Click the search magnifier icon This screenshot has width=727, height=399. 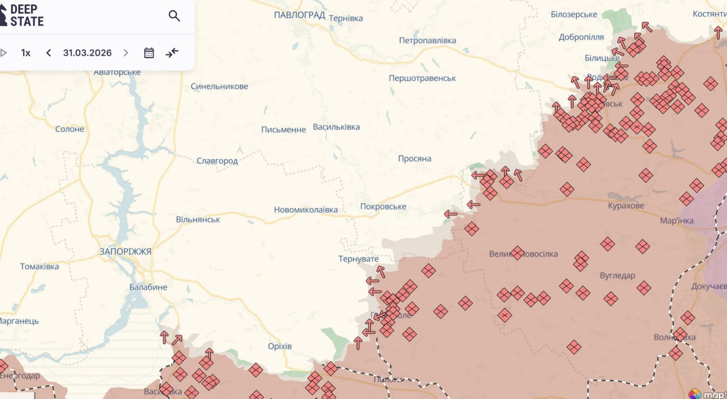[x=174, y=16]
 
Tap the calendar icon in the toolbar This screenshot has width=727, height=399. [x=149, y=53]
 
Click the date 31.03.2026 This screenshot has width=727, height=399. [x=87, y=53]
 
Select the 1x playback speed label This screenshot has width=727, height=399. [x=26, y=53]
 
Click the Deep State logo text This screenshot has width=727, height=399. [x=26, y=15]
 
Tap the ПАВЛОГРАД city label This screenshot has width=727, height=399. [x=299, y=15]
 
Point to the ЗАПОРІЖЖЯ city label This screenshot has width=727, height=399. [x=125, y=252]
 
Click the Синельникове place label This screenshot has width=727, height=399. [x=219, y=86]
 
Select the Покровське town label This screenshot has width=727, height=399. [x=383, y=207]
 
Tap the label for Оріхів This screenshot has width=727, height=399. [x=280, y=346]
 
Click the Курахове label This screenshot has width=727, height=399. [x=626, y=206]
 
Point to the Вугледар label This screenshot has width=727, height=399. [x=617, y=275]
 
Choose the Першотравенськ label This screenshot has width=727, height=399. [x=422, y=78]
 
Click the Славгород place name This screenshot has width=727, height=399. [x=217, y=161]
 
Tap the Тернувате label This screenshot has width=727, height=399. [x=359, y=259]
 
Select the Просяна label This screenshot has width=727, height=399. [x=415, y=159]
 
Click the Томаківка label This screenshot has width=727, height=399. [x=39, y=267]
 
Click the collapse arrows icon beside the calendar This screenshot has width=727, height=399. [x=172, y=53]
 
